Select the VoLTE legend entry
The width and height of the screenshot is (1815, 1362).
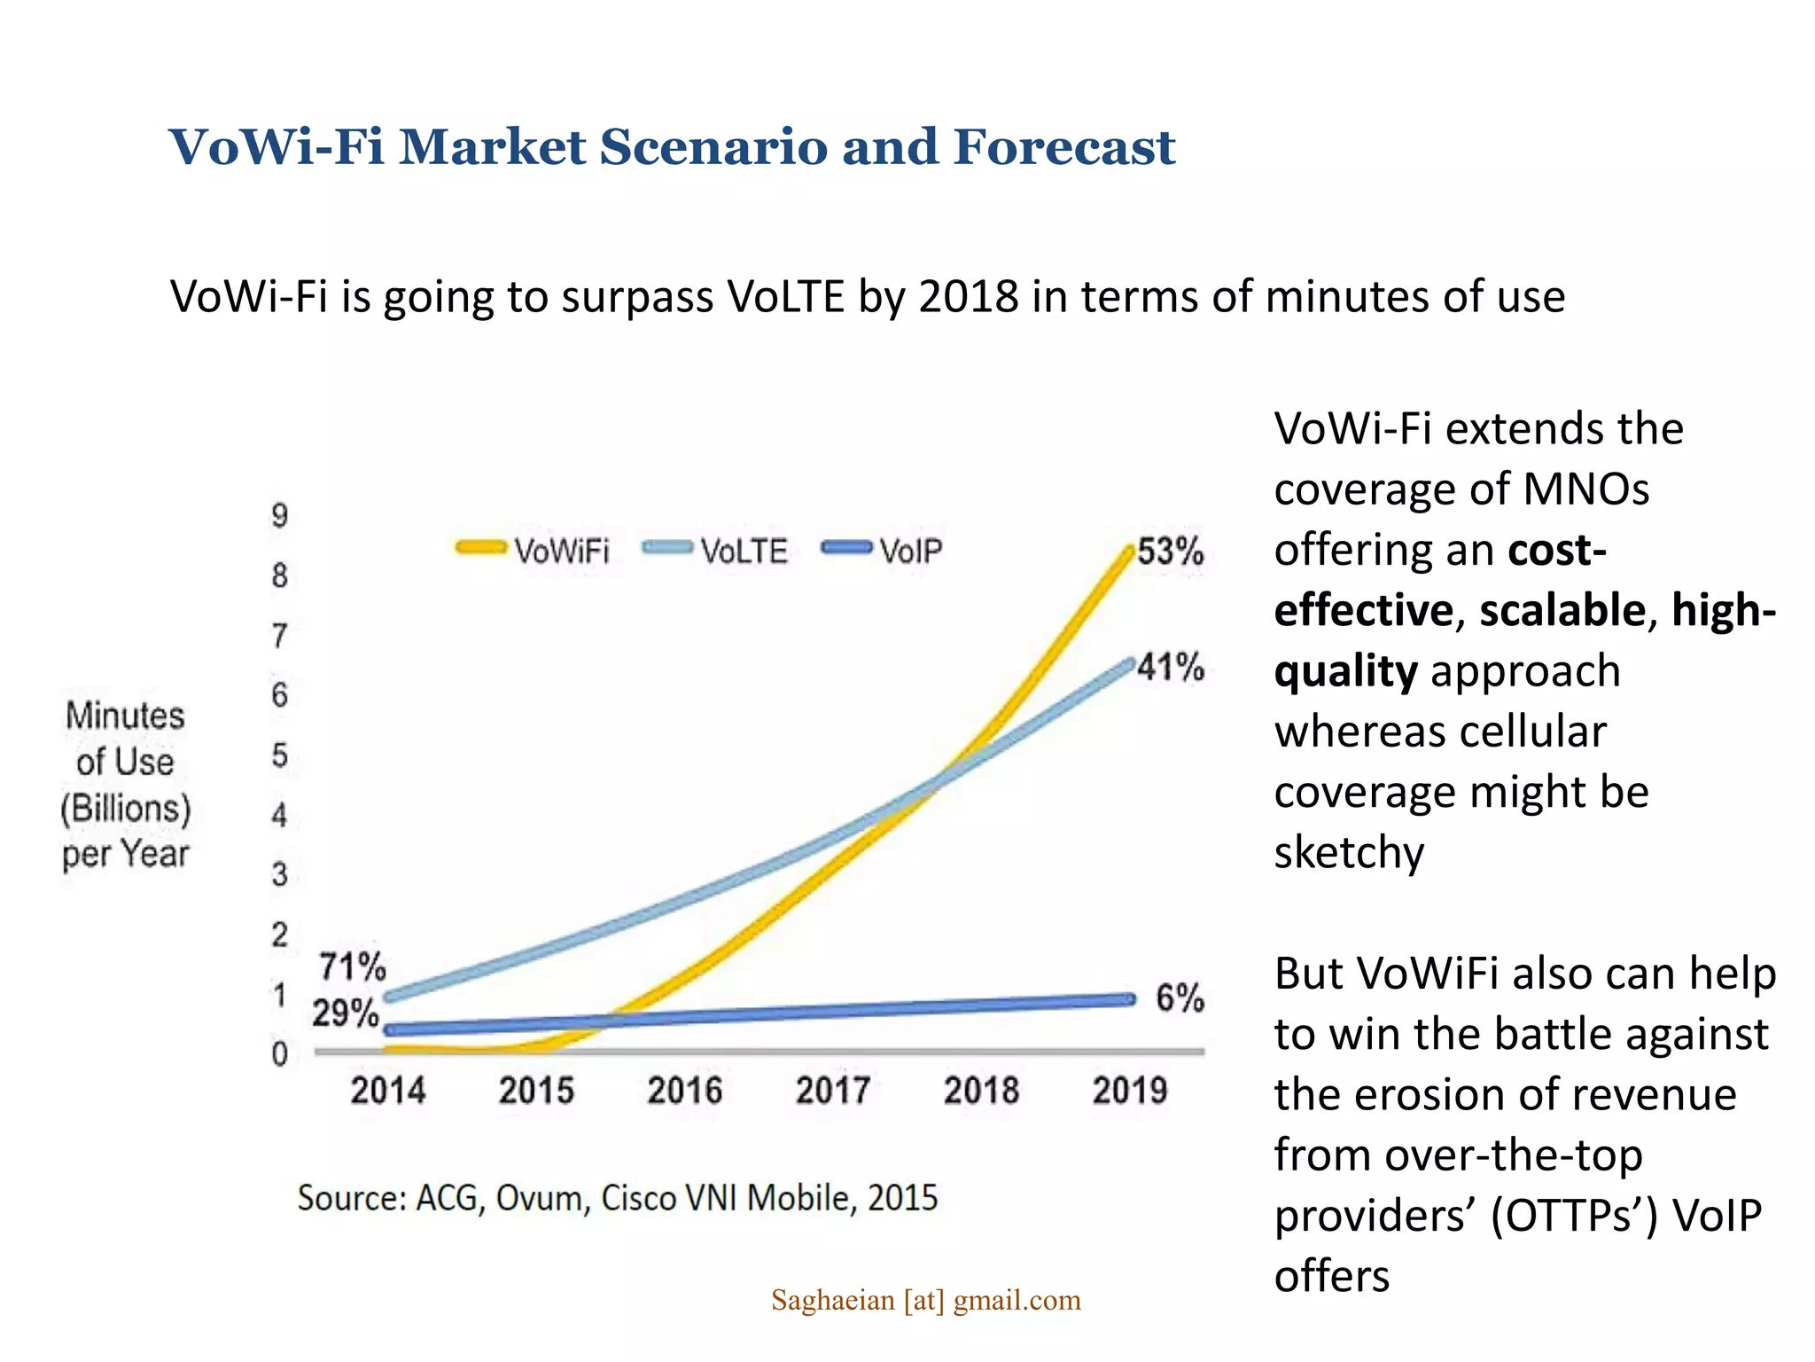click(x=716, y=551)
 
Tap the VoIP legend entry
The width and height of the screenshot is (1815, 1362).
click(x=884, y=551)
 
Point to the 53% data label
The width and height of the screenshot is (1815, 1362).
click(x=1171, y=552)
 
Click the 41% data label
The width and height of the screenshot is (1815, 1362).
click(x=1171, y=667)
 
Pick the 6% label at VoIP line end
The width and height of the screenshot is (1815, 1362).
click(x=1180, y=998)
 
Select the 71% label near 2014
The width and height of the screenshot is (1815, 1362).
click(x=353, y=967)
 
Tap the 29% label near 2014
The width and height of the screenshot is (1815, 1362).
click(x=345, y=1013)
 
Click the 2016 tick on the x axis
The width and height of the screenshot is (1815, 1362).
click(x=684, y=1091)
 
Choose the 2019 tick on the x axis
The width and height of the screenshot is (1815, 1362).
click(x=1130, y=1091)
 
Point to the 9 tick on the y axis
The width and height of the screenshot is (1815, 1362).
click(x=280, y=515)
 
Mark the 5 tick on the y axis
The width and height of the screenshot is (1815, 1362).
click(x=280, y=755)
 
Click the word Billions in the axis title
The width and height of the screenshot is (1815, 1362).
click(x=126, y=809)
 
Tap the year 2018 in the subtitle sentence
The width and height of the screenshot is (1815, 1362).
click(x=969, y=296)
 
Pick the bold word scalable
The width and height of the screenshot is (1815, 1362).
click(x=1562, y=610)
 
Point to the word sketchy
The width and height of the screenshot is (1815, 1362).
click(x=1349, y=852)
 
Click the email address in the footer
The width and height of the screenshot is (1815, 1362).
click(x=926, y=1300)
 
